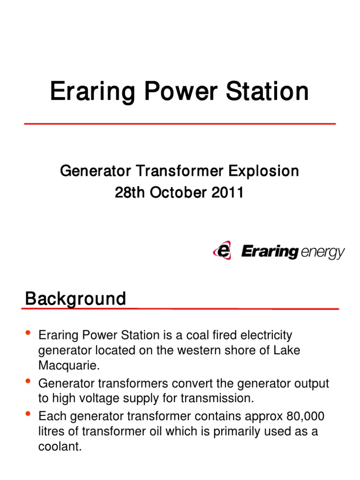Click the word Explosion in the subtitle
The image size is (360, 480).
263,172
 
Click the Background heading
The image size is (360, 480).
75,299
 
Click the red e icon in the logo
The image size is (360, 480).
222,250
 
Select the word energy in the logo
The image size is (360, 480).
322,253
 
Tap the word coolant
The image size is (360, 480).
59,447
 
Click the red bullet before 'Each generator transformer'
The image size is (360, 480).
27,414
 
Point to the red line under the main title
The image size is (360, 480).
180,124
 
